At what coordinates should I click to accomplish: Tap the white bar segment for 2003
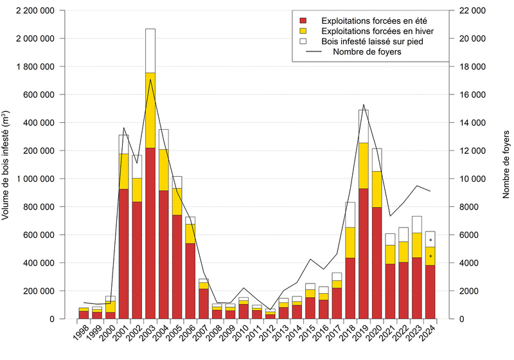(x=150, y=51)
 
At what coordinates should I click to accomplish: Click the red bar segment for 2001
(x=123, y=253)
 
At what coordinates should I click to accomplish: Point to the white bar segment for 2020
(x=377, y=159)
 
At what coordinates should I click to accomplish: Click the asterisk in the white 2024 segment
(x=430, y=240)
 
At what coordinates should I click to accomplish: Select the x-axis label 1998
(x=80, y=334)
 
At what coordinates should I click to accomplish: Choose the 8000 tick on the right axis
(x=470, y=207)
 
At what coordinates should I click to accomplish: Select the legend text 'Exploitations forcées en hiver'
(x=376, y=31)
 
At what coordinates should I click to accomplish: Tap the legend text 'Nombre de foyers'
(x=368, y=52)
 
